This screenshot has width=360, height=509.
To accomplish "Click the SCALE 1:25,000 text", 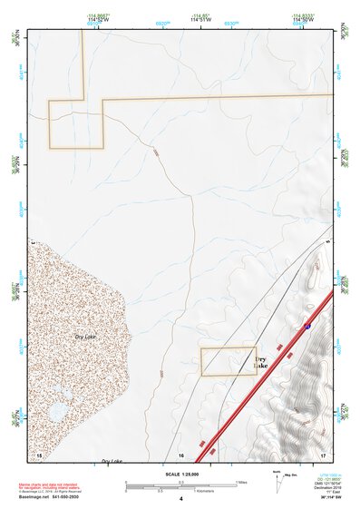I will pyautogui.click(x=180, y=475).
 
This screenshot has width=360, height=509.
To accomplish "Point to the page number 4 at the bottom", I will pyautogui.click(x=181, y=499).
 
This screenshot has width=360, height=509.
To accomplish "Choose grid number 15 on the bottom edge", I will pyautogui.click(x=38, y=453).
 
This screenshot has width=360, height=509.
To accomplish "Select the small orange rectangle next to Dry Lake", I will pyautogui.click(x=228, y=360).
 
